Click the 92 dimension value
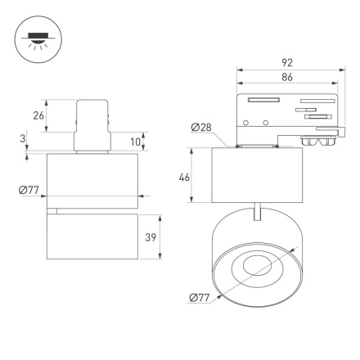(x=288, y=61)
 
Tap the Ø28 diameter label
(x=202, y=128)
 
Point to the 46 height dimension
(x=184, y=176)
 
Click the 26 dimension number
(x=38, y=116)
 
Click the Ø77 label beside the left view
(x=30, y=192)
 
